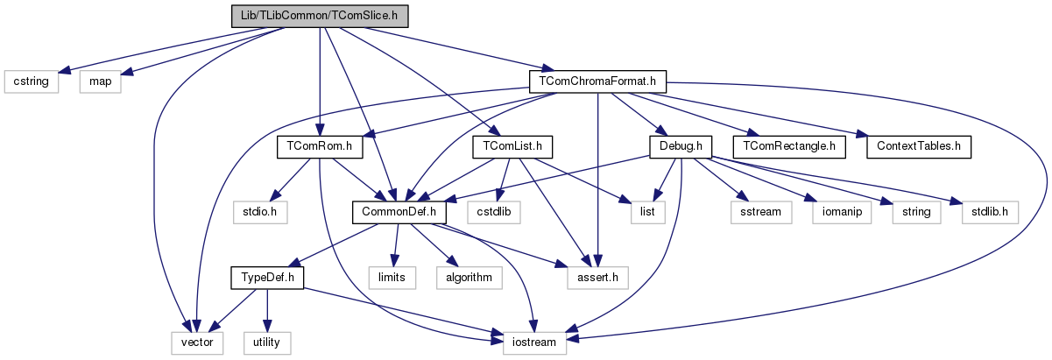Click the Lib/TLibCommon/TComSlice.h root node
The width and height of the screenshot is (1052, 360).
tap(321, 16)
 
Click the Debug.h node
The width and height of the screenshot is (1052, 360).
tap(680, 146)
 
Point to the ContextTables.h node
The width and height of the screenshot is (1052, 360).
tap(920, 146)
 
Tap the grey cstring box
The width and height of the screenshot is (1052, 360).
tap(32, 81)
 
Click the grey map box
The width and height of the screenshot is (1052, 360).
tap(101, 81)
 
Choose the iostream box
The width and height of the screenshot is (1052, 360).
tap(533, 342)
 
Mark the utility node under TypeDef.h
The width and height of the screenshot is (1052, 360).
tap(266, 342)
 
